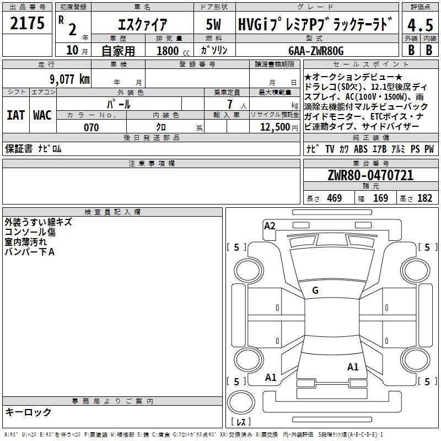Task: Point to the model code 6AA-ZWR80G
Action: coord(316,51)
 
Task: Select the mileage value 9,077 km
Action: coord(69,79)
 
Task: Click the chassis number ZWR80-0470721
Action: coord(370,175)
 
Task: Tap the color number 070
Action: coord(91,127)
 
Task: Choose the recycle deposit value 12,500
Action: coord(274,127)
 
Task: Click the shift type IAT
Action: coord(15,115)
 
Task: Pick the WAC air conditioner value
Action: coord(42,115)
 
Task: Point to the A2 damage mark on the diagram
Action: coord(270,225)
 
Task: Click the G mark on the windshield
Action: coord(315,290)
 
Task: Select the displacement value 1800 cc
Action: coord(169,51)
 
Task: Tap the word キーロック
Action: coord(28,412)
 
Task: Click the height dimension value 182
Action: coord(424,198)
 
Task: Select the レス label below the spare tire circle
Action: coord(241,422)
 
